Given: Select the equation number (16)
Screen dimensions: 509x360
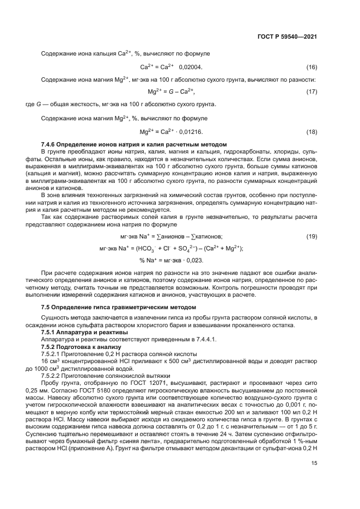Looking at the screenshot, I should pos(312,67).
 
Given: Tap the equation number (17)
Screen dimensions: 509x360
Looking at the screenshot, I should pos(312,91).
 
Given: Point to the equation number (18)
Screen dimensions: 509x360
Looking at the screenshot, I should pos(312,132).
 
